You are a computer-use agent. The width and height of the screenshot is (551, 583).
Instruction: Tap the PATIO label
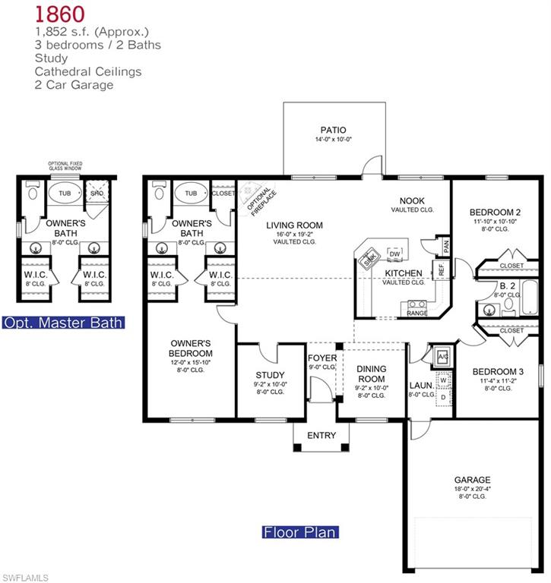point(332,130)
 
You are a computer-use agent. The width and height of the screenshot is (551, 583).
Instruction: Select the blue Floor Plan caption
point(299,532)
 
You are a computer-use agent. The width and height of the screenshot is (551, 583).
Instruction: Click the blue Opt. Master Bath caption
point(62,323)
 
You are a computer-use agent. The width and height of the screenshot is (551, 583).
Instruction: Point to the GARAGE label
point(472,480)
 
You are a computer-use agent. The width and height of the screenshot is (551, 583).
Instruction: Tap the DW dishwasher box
point(394,253)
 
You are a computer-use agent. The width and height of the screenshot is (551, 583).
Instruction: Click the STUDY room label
point(270,375)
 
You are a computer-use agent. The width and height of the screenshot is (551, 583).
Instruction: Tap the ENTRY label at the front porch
point(321,435)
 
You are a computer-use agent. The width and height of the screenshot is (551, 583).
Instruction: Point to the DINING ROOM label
point(372,373)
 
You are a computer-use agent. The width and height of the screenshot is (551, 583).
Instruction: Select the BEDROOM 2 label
point(494,212)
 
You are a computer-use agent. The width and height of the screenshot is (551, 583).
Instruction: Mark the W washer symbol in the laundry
point(442,380)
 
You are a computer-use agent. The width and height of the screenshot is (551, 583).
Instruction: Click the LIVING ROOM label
point(294,225)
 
